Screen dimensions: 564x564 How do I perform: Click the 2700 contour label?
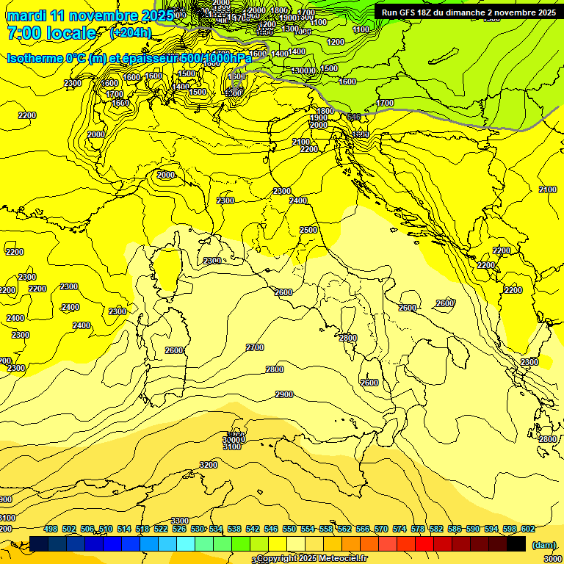[x=255, y=347]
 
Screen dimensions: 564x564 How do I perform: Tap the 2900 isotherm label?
[x=284, y=394]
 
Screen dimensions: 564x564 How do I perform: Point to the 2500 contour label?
[x=308, y=230]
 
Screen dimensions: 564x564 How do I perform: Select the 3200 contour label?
[x=209, y=465]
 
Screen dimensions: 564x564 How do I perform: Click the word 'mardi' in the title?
[x=26, y=15]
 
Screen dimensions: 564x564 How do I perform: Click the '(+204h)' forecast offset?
[x=131, y=33]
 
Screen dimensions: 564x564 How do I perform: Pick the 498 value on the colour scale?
[x=50, y=529]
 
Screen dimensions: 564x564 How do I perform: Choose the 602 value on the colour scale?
[x=527, y=529]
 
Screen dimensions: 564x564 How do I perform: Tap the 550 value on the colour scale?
[x=289, y=529]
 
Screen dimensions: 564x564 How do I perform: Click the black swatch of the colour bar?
[x=516, y=543]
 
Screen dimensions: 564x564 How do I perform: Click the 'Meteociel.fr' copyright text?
[x=349, y=558]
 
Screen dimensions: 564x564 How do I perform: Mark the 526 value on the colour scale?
[x=178, y=529]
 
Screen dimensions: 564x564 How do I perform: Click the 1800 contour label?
[x=325, y=111]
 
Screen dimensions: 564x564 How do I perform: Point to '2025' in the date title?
[x=157, y=15]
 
